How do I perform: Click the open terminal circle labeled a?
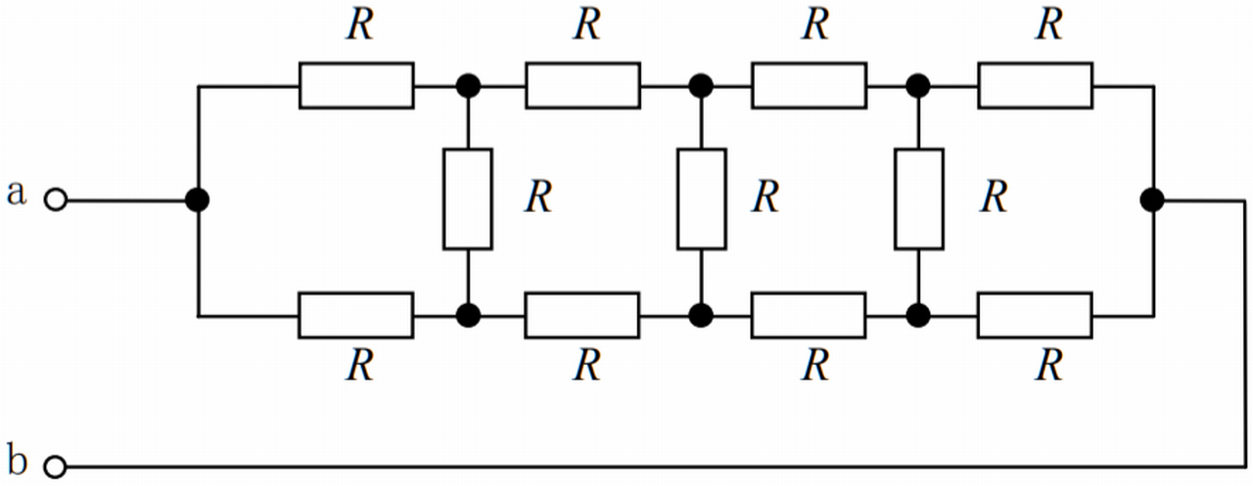pos(57,200)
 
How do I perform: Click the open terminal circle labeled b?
pos(57,467)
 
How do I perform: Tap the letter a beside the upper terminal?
pos(16,193)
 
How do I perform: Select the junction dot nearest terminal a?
pos(198,200)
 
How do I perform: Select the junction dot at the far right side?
pos(1153,200)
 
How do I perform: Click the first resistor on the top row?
pos(356,85)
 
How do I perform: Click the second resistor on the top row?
pos(583,85)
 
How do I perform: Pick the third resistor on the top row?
pos(809,85)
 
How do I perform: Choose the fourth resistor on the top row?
pos(1035,85)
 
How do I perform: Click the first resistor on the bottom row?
pos(356,315)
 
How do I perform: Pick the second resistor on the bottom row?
pos(583,315)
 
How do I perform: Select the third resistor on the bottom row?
pos(809,315)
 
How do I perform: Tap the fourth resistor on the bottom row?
pos(1035,315)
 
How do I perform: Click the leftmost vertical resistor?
pos(468,199)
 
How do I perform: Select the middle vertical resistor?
pos(701,199)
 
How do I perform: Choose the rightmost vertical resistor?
pos(919,199)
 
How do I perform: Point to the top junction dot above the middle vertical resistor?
pos(701,86)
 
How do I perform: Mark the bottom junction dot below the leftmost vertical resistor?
pos(468,315)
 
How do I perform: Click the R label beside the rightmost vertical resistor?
pos(994,198)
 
